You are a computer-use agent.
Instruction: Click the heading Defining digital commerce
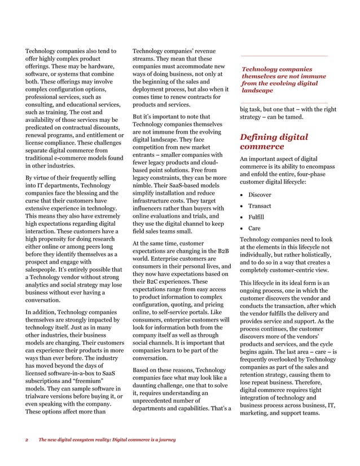tap(274, 142)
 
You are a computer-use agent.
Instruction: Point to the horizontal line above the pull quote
tap(284, 56)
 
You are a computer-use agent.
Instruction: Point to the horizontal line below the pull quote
tap(284, 103)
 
